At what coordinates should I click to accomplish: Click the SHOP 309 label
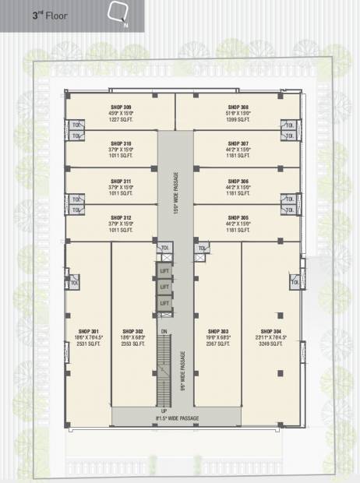coord(121,107)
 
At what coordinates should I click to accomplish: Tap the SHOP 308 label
coord(238,107)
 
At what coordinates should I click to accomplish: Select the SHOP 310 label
coord(121,143)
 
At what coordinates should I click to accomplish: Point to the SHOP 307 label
coord(238,143)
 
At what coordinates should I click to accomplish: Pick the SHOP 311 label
coord(121,181)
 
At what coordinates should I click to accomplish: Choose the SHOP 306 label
coord(238,181)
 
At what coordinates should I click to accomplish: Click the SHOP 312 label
coord(121,217)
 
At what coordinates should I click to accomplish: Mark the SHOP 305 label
coord(238,217)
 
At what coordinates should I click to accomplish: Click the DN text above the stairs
coord(164,331)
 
